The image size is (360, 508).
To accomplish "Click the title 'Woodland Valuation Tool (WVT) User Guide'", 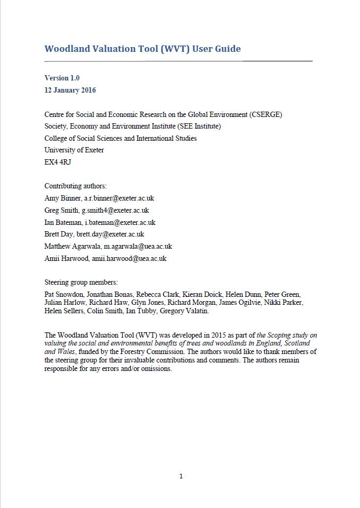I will coord(142,49).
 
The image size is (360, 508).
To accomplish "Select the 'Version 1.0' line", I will coord(62,78).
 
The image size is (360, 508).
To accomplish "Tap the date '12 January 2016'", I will coord(70,90).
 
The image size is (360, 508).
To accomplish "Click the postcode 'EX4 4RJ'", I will coord(58,162).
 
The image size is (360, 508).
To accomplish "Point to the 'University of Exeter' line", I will coord(74,150).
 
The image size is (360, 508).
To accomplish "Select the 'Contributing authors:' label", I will coord(76,186).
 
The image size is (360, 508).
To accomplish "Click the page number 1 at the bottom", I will coord(181,476).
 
